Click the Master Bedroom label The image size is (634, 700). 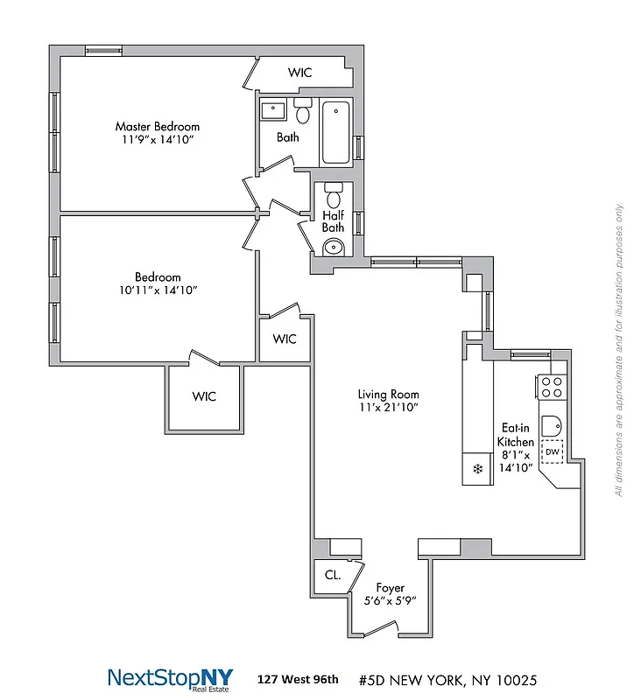point(158,126)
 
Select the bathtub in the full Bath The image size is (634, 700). point(336,133)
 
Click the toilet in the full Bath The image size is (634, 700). point(303,112)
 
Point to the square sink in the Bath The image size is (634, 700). point(273,111)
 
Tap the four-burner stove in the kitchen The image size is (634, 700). point(551,387)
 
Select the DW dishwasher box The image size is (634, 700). point(552,451)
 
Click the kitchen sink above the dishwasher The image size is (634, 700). point(552,425)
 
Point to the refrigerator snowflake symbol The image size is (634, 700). point(478,469)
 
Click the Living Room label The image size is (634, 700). point(389,394)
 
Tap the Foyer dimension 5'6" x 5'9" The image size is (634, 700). point(390,601)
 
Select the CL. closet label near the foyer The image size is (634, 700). point(333,575)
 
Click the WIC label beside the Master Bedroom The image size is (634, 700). point(300,73)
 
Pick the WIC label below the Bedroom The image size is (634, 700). point(204,396)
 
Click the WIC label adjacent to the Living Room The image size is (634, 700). point(285,339)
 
